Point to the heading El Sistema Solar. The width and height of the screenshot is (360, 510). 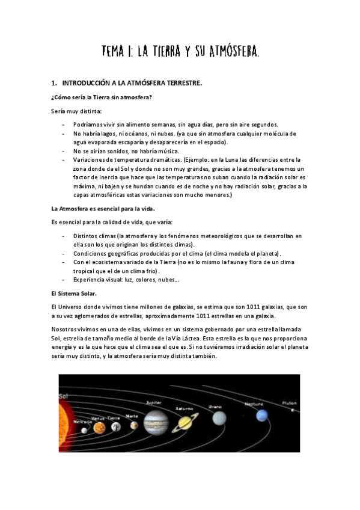74,293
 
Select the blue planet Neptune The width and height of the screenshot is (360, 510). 261,416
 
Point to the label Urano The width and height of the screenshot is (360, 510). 215,407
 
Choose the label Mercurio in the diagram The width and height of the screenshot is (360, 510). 83,422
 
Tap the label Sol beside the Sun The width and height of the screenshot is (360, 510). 63,396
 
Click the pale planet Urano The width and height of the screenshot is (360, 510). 220,417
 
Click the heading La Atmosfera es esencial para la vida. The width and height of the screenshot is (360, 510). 103,209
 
